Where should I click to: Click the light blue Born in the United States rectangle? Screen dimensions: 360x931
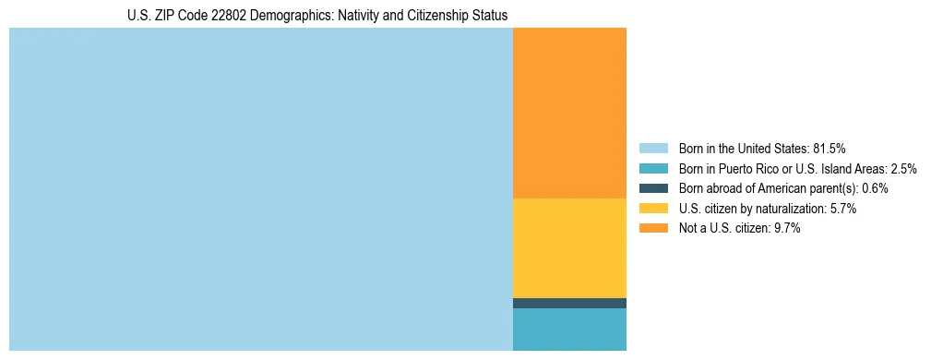[x=260, y=189]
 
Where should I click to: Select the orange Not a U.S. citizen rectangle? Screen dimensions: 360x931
[x=569, y=113]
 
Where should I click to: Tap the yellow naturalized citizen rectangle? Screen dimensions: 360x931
[x=569, y=247]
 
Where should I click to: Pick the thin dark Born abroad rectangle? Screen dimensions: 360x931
[x=569, y=303]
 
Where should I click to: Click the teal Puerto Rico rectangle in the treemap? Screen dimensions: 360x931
[x=569, y=330]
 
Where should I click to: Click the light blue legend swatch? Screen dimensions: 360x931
[x=653, y=148]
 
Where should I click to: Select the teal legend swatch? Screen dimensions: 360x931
[x=653, y=168]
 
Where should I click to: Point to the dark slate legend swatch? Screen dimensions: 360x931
[x=653, y=188]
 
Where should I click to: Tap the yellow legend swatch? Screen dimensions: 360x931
[x=653, y=209]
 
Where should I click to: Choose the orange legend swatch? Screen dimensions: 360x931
[x=653, y=229]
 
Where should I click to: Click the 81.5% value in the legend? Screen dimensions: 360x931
[x=830, y=148]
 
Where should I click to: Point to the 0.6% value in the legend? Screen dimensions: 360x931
[x=875, y=188]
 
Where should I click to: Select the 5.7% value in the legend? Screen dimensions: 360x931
[x=843, y=209]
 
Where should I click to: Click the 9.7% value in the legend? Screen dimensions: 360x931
[x=787, y=229]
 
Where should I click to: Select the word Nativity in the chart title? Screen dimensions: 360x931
[x=342, y=16]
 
